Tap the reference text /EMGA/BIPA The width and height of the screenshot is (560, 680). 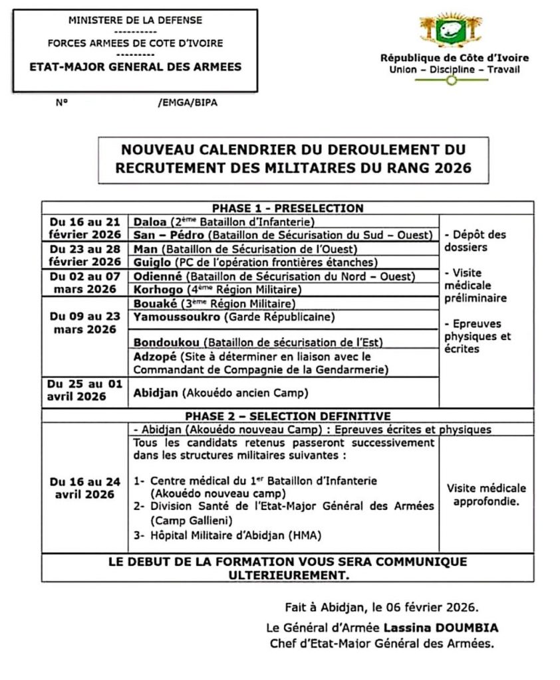click(x=188, y=103)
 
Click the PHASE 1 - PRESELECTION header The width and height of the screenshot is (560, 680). click(x=287, y=208)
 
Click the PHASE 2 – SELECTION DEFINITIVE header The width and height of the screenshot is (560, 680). click(x=287, y=416)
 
